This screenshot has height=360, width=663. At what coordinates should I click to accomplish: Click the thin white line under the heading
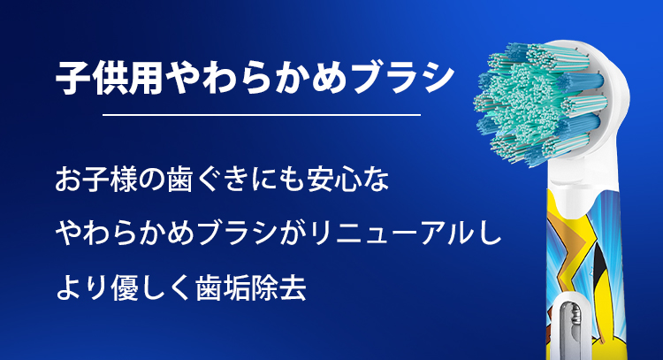pyautogui.click(x=263, y=115)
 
